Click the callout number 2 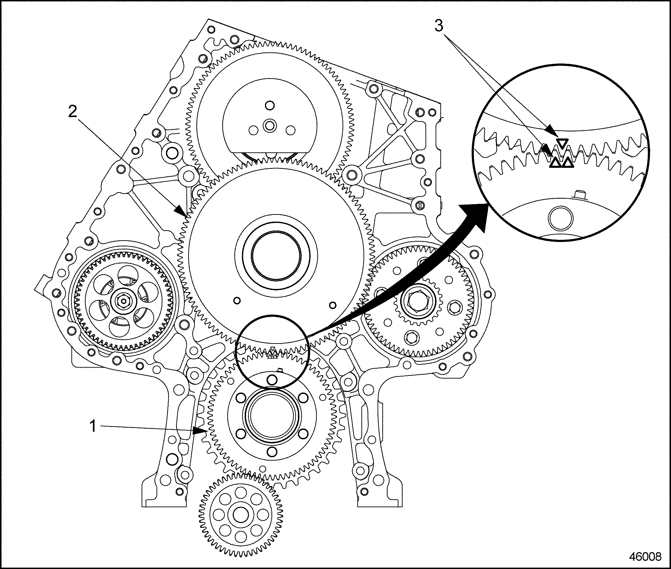pos(73,112)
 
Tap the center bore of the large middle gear pos(276,256)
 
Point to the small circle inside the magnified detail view pos(561,218)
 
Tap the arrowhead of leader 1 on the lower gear pos(203,430)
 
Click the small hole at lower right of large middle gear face pos(332,304)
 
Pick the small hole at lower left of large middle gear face pos(236,301)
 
